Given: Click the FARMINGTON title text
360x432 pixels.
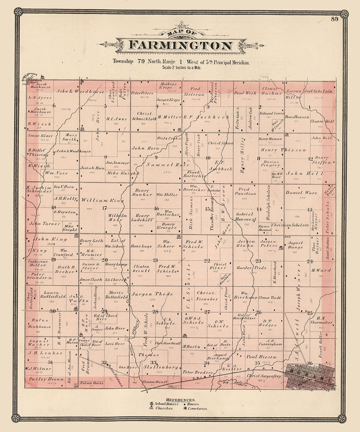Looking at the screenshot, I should point(180,45).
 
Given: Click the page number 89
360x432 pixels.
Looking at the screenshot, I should point(335,19).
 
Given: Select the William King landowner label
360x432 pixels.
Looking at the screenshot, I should point(102,200).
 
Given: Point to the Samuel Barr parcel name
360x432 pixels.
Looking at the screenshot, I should point(163,165).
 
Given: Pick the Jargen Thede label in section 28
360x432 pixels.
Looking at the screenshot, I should point(152,294).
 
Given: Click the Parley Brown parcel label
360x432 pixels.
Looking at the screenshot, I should point(42,379).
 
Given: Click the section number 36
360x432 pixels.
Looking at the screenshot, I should point(310,363).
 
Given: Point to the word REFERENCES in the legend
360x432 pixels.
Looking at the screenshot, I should point(180,400).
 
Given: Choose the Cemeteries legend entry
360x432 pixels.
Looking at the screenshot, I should point(197,408).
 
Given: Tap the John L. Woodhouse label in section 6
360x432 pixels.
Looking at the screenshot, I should point(80,91).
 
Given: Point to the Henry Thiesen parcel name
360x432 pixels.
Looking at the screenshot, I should point(283,150).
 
